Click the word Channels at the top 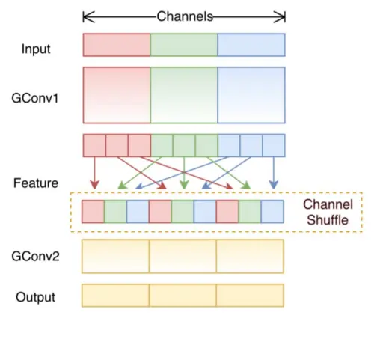(x=185, y=16)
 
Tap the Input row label (x=37, y=49)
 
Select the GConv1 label (x=36, y=96)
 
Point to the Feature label (x=36, y=182)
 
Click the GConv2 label (x=36, y=257)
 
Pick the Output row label (x=36, y=297)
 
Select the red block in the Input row (x=117, y=44)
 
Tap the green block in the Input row (x=184, y=44)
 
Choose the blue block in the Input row (x=251, y=44)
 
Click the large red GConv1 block (x=117, y=95)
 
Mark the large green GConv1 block (x=184, y=95)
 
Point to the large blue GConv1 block (x=251, y=95)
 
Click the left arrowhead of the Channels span (x=85, y=16)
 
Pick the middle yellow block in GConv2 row (x=183, y=256)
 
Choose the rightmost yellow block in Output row (x=251, y=296)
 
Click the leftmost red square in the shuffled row (x=94, y=211)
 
